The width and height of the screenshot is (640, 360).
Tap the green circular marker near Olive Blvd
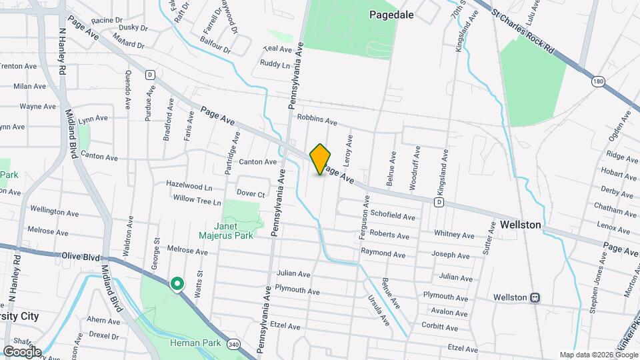(177, 285)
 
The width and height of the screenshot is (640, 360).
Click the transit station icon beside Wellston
(535, 297)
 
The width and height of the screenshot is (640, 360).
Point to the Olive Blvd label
(80, 255)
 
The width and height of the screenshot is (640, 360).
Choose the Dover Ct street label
(251, 194)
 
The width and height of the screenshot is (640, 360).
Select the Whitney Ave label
(453, 235)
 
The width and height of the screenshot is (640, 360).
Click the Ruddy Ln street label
(275, 65)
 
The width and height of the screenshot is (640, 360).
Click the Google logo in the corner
(21, 351)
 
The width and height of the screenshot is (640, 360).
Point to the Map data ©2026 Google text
(598, 355)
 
